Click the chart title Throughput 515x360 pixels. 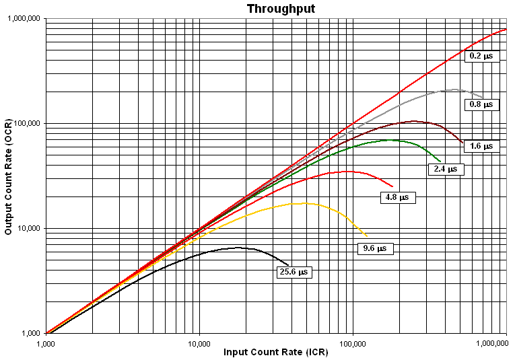pyautogui.click(x=271, y=9)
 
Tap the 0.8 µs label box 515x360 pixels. pyautogui.click(x=481, y=105)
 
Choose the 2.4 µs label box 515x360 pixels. pyautogui.click(x=445, y=170)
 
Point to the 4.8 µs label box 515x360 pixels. pyautogui.click(x=398, y=198)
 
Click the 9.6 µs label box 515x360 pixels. pyautogui.click(x=374, y=248)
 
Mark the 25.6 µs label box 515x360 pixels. pyautogui.click(x=294, y=272)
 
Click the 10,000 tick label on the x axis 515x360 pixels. pyautogui.click(x=199, y=343)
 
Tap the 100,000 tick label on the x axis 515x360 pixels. pyautogui.click(x=353, y=343)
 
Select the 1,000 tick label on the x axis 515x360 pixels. pyautogui.click(x=46, y=343)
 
